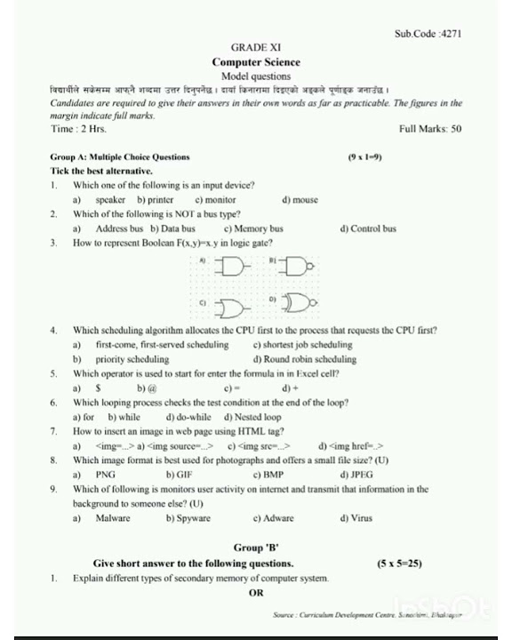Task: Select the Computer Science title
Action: pos(256,62)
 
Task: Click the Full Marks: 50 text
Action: pos(430,129)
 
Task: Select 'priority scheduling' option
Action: pos(132,359)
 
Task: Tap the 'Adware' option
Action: pos(278,517)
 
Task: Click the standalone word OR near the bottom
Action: pos(256,592)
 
